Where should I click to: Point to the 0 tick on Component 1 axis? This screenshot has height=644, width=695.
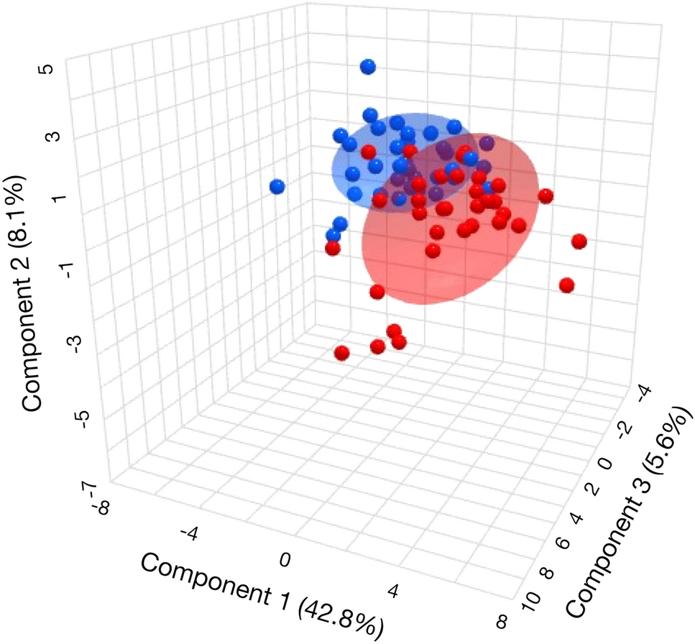285,560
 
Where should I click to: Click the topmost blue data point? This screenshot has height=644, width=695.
368,67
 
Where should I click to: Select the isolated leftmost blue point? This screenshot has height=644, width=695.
277,187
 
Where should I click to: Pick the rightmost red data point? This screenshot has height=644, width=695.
579,241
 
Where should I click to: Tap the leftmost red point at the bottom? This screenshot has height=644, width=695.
342,353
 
